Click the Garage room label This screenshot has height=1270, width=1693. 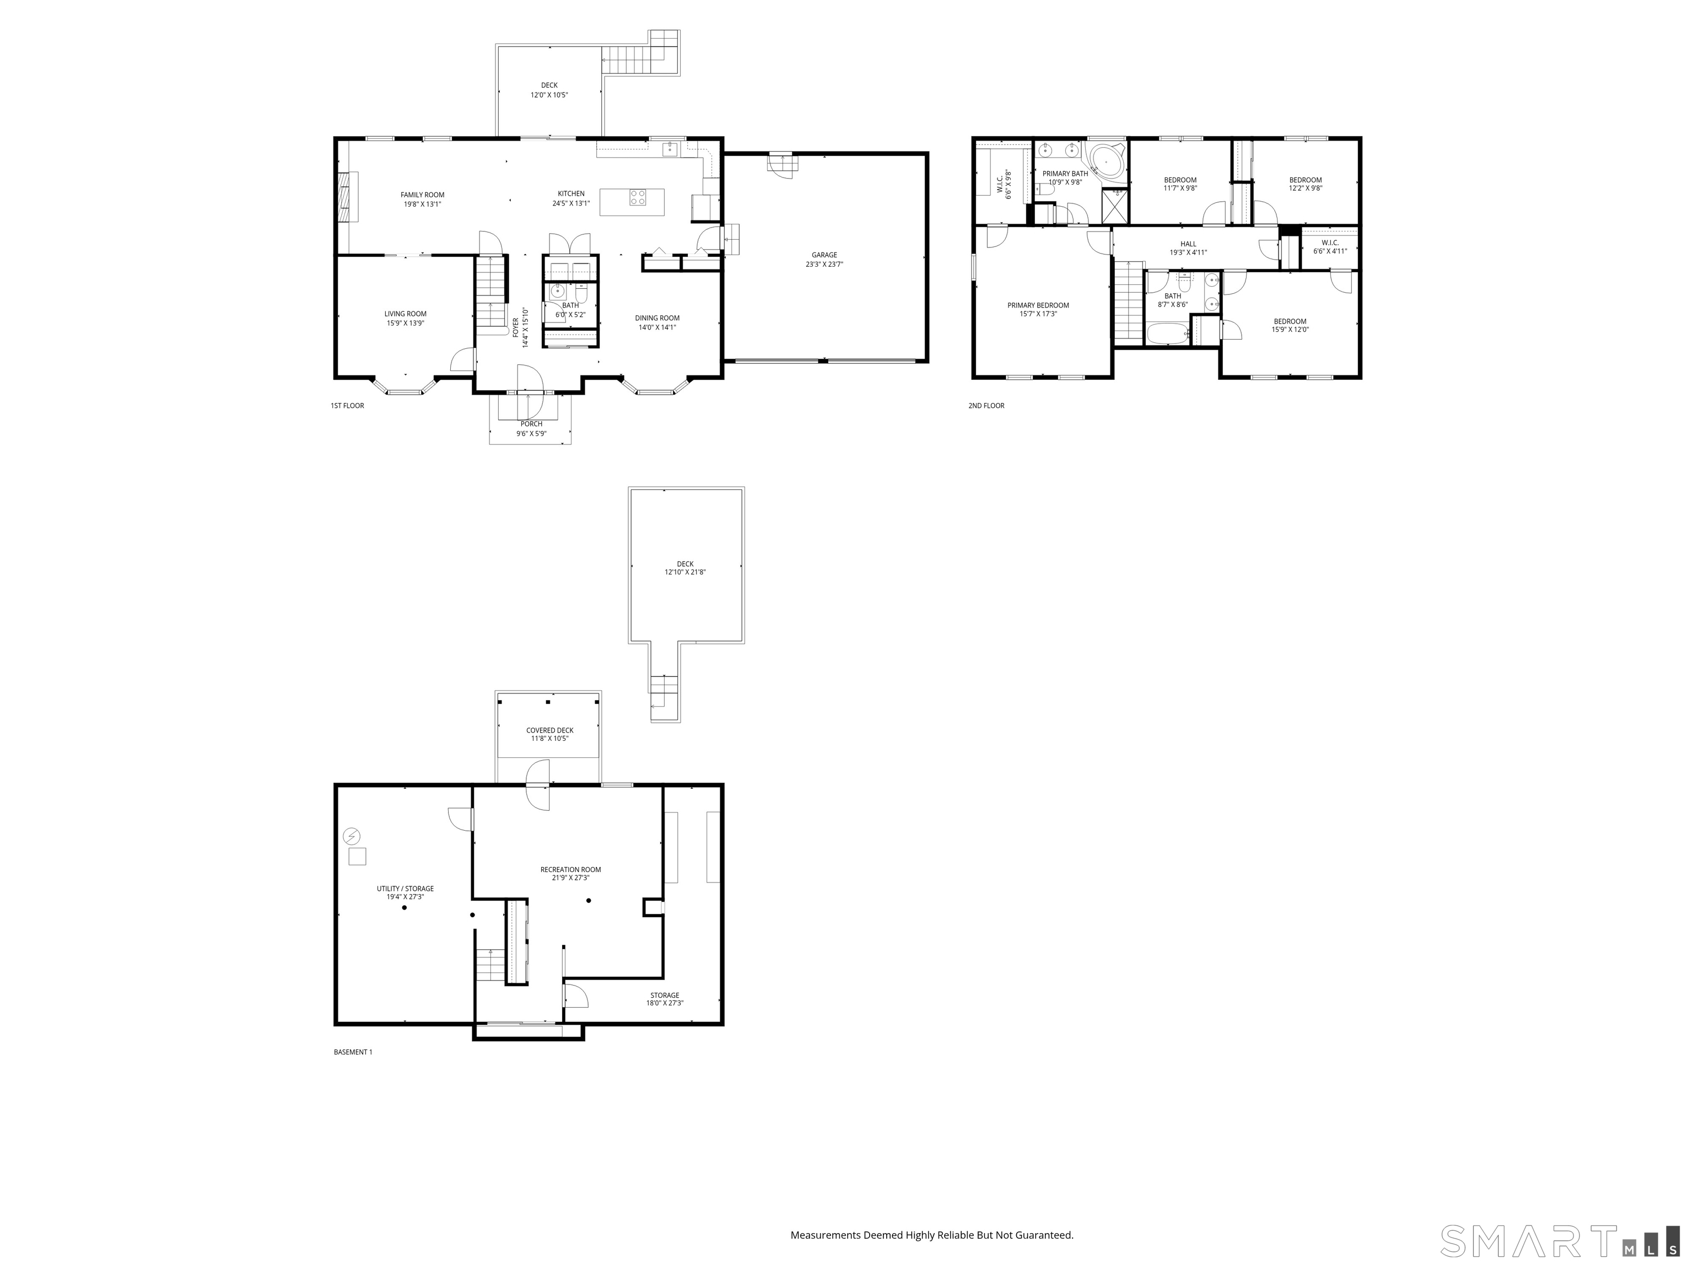824,255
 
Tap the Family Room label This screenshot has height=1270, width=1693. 423,195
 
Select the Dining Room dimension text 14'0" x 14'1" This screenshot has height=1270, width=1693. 657,327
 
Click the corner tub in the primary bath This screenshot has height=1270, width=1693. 1107,161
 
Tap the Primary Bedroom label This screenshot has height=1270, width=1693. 1038,305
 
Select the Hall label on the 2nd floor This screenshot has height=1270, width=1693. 1188,244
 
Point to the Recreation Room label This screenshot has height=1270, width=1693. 570,870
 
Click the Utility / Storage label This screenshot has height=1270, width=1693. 405,889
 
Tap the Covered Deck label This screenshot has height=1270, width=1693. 549,730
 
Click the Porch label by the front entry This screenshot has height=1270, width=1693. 531,424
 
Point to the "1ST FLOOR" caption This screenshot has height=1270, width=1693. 348,406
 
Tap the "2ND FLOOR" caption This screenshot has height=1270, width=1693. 986,406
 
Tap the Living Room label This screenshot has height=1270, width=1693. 406,314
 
